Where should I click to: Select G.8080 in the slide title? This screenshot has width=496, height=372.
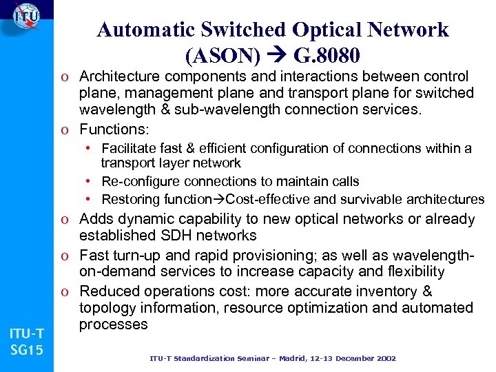[x=327, y=54]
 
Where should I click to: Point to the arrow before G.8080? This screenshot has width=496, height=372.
[x=278, y=54]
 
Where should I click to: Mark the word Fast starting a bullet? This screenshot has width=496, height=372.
[x=94, y=256]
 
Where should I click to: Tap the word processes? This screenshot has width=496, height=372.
[x=114, y=324]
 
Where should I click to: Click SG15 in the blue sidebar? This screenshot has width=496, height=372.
[x=27, y=351]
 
